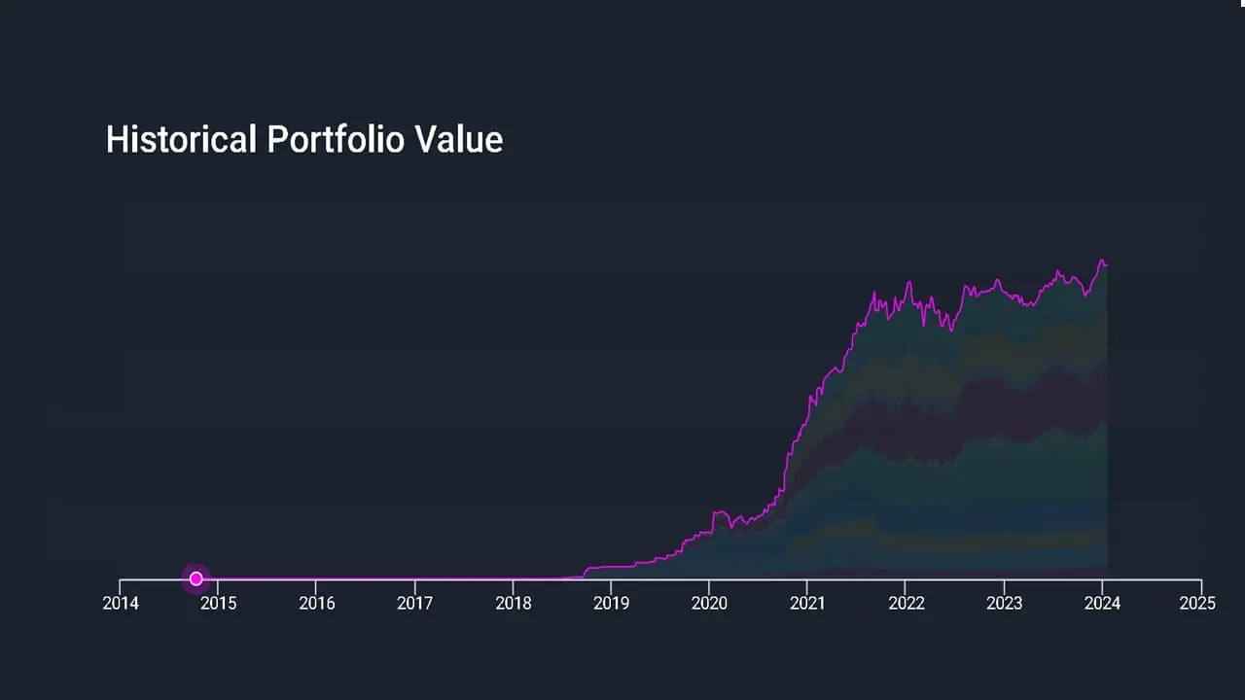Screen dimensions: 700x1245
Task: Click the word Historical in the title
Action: (x=181, y=140)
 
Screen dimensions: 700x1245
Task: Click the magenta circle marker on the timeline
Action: (x=196, y=578)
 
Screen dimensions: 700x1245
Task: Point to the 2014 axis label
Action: (x=121, y=604)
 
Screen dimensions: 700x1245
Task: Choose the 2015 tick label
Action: (x=219, y=604)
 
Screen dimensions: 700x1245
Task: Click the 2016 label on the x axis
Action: (x=317, y=604)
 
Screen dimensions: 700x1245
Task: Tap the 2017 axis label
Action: (x=415, y=604)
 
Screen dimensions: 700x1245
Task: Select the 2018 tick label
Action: (x=514, y=604)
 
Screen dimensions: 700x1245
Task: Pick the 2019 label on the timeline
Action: (x=611, y=604)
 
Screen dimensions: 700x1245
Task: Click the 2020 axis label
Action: (x=709, y=604)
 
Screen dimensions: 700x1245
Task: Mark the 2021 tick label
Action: (x=807, y=604)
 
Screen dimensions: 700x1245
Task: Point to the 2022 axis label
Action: (x=906, y=604)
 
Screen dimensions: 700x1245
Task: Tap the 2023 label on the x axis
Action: (x=1004, y=604)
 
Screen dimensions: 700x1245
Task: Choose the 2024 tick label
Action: (x=1102, y=604)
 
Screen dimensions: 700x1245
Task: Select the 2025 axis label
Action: (x=1198, y=604)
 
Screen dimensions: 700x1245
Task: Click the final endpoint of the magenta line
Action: (x=1107, y=264)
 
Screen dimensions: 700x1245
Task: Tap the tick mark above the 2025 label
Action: (x=1201, y=584)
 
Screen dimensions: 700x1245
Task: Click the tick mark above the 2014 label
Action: (x=121, y=584)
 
